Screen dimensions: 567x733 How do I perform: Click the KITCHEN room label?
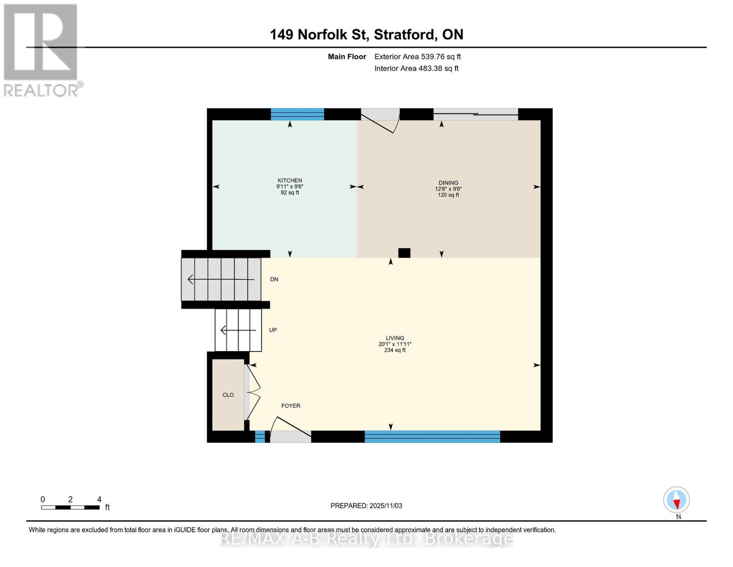coord(290,180)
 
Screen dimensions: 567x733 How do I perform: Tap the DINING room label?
coord(448,183)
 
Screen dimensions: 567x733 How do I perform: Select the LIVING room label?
coord(395,338)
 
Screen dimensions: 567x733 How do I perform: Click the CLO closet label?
coord(228,395)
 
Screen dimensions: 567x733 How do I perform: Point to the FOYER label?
coord(291,406)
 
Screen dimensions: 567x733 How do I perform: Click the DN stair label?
coord(274,280)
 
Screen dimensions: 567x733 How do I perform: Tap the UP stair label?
coord(273,330)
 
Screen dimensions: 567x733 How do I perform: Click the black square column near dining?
coord(404,253)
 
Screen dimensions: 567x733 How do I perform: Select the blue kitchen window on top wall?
coord(297,114)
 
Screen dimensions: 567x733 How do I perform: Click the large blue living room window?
coord(432,437)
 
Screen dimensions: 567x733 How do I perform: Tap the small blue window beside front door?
coord(260,437)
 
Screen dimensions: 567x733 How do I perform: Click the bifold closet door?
coord(253,392)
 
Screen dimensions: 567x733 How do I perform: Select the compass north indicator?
coord(676,500)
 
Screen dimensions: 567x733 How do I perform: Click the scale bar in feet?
coord(70,507)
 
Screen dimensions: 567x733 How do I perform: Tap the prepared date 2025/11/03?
coord(366,506)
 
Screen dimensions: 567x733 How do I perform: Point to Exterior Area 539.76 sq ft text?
coord(417,57)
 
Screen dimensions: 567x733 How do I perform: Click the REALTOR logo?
coord(42,50)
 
